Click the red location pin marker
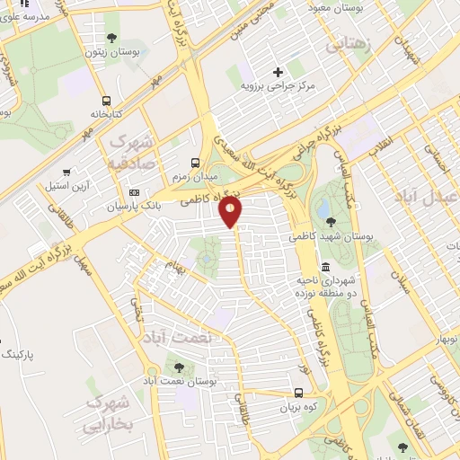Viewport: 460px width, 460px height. point(231,212)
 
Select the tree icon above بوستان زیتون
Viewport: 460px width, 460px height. point(111,38)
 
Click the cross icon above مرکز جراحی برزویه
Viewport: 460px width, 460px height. point(278,71)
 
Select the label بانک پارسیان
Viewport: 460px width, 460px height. point(132,206)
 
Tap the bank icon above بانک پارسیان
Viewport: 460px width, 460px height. point(134,191)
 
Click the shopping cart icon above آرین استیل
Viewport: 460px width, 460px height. point(66,172)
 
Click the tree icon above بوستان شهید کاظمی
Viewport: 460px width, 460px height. point(332,219)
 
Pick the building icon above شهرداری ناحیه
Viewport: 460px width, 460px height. point(324,268)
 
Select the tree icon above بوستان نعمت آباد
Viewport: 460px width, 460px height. point(178,367)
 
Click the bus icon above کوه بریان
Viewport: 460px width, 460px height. point(299,393)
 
